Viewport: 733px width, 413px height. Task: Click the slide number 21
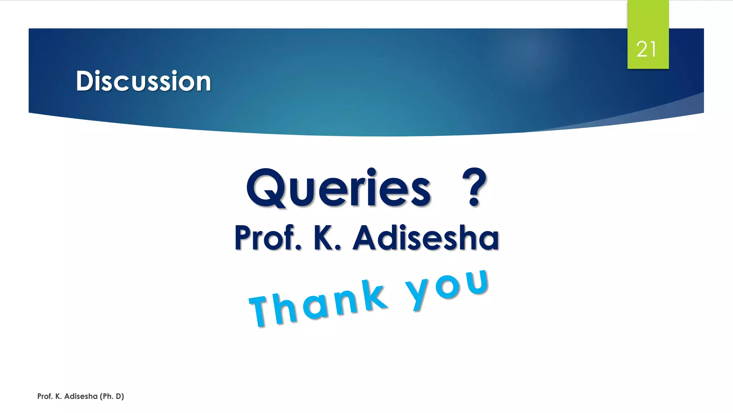(x=646, y=49)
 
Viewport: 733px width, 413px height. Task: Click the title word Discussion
(x=143, y=81)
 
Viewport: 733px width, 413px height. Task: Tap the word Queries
(x=338, y=189)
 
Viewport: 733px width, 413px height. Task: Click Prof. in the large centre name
(x=268, y=238)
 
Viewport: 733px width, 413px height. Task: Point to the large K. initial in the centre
(x=326, y=238)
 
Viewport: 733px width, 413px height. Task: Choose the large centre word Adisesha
(x=426, y=238)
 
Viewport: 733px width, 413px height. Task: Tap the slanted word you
(x=447, y=287)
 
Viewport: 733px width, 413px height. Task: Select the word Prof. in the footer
(x=45, y=396)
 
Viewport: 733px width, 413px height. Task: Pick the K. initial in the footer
(x=58, y=396)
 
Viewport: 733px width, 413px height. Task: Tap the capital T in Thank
(x=261, y=311)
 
